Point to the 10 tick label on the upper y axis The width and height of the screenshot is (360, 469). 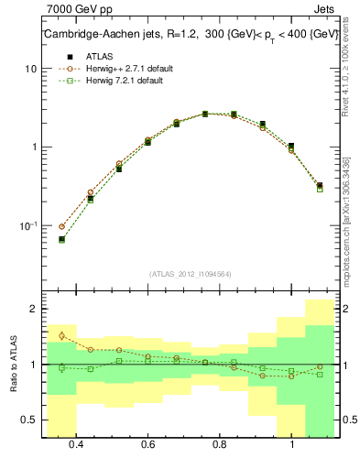[x=31, y=69]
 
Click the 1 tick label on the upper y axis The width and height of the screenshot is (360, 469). [x=34, y=147]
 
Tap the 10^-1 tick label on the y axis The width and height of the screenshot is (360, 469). [x=29, y=225]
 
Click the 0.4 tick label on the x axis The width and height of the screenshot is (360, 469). [x=76, y=443]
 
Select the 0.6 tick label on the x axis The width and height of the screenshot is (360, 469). [x=147, y=443]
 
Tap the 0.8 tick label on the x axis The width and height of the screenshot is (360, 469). [x=220, y=443]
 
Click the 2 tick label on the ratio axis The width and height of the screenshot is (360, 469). [x=33, y=310]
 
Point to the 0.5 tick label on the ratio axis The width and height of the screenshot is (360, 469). [x=29, y=420]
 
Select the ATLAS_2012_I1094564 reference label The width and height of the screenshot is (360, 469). [x=190, y=273]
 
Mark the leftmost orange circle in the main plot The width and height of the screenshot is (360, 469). [x=62, y=226]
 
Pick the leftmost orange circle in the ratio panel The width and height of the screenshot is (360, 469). [x=62, y=335]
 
